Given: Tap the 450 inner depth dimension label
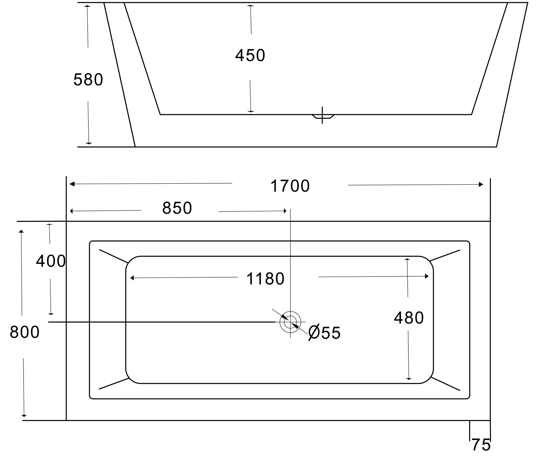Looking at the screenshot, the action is tap(250, 55).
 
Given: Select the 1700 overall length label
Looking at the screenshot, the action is tap(290, 186).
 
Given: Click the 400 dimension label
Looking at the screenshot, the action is tap(51, 261).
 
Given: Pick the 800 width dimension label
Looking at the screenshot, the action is tap(25, 332).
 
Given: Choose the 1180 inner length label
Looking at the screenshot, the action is tap(265, 279).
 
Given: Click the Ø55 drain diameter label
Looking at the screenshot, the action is tap(324, 333).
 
